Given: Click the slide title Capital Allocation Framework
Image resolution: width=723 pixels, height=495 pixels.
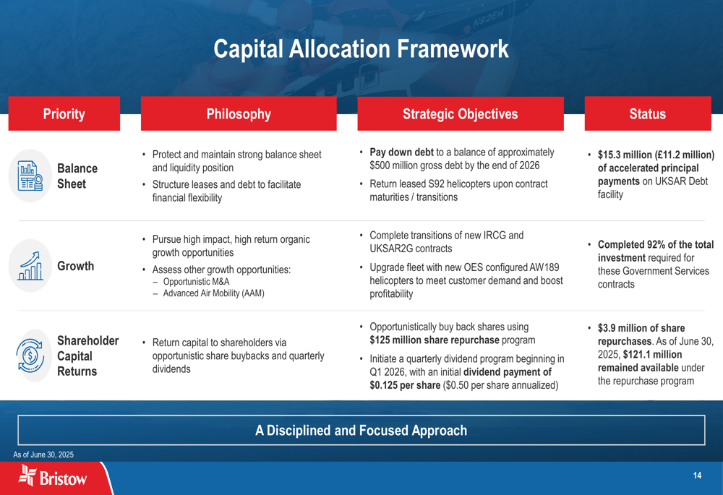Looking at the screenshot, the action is pyautogui.click(x=361, y=49).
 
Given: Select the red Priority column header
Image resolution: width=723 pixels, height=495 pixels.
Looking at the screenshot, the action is pyautogui.click(x=64, y=113).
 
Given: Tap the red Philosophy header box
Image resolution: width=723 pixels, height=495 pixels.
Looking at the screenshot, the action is pyautogui.click(x=239, y=113).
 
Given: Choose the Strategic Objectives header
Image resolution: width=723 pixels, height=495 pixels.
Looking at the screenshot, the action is pyautogui.click(x=460, y=113).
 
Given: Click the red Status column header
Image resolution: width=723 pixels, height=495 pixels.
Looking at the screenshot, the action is pyautogui.click(x=647, y=113).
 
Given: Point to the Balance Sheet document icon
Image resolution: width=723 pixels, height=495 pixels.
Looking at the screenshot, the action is pyautogui.click(x=30, y=176).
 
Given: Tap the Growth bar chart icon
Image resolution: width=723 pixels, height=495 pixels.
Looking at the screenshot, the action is pyautogui.click(x=30, y=266).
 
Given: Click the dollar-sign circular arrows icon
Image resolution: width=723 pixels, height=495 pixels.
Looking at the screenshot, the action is pyautogui.click(x=30, y=356).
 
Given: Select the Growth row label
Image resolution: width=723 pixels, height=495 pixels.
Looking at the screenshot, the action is pyautogui.click(x=76, y=266).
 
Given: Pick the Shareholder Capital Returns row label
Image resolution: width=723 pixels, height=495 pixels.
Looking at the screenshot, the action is pyautogui.click(x=87, y=356).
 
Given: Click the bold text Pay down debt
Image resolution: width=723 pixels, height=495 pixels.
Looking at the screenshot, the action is pyautogui.click(x=401, y=152).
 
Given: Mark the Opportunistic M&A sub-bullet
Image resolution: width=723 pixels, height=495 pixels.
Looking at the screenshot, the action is pyautogui.click(x=196, y=282).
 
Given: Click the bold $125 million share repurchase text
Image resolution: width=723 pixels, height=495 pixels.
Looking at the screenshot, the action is pyautogui.click(x=435, y=340).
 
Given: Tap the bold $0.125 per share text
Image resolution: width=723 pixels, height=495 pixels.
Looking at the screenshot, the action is pyautogui.click(x=405, y=385).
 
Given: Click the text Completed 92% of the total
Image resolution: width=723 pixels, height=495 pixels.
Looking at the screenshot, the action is pyautogui.click(x=656, y=245).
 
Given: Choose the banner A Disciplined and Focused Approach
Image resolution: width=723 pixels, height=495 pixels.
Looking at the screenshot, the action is pyautogui.click(x=361, y=431).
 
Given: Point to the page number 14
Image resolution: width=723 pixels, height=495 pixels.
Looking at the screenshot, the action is pyautogui.click(x=697, y=475).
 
